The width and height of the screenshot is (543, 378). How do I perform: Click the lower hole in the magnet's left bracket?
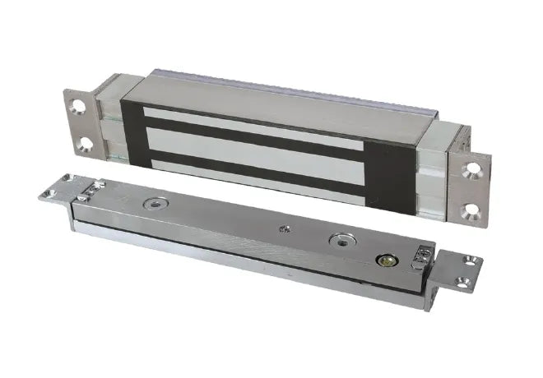tap(83, 143)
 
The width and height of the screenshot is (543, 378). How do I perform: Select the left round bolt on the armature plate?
tap(152, 204)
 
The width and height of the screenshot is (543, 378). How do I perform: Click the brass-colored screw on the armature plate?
tap(383, 260)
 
